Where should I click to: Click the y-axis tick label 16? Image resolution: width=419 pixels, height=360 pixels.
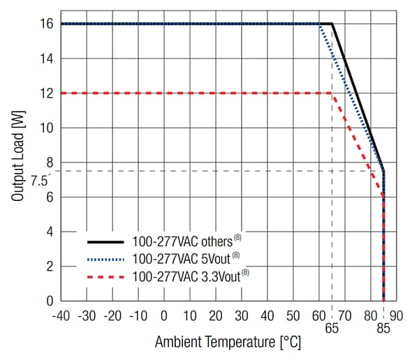coord(45,24)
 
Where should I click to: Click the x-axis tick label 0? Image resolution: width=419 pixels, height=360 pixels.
coord(163,315)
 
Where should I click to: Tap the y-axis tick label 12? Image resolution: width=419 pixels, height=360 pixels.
coord(45,93)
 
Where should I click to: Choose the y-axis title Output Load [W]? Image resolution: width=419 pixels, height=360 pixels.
coord(19,161)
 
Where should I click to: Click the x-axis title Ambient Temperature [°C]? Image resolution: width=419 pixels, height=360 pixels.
coord(228,343)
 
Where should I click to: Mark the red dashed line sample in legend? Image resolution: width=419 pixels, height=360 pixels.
coord(105,276)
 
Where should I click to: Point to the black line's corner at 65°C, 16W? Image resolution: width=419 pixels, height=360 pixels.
coord(332,24)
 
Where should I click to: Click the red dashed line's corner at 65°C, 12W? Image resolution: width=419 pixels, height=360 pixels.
coord(332,93)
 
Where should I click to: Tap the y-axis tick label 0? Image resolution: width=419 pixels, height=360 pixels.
coord(48,301)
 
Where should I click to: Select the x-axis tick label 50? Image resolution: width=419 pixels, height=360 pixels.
coord(293,315)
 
